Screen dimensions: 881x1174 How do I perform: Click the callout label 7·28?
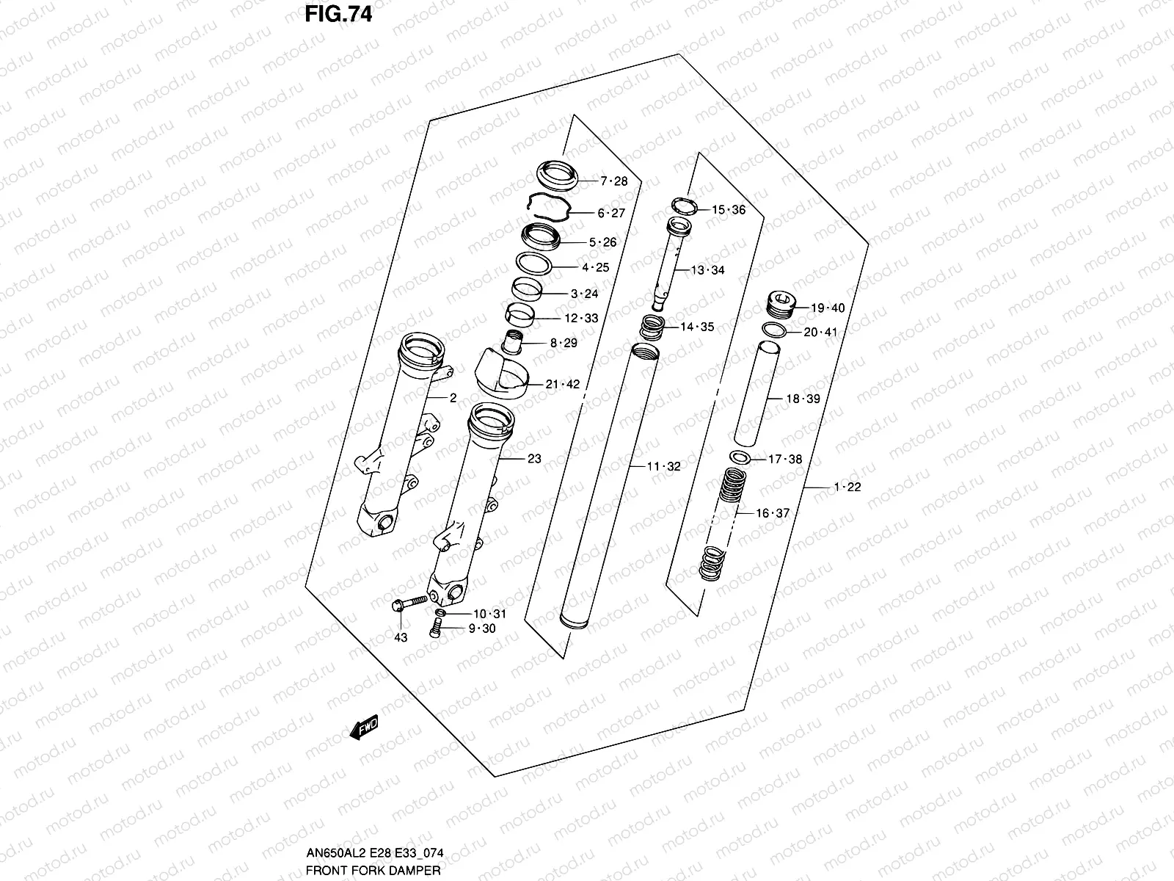[x=613, y=181]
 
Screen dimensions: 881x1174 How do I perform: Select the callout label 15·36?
[x=728, y=210]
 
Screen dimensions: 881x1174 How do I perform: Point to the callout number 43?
[x=400, y=637]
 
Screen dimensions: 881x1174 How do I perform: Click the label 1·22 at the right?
[x=847, y=487]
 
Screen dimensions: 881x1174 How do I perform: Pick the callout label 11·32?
[x=663, y=466]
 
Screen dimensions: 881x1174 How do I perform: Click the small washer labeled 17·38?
[x=741, y=458]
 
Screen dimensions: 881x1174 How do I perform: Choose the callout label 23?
[x=534, y=459]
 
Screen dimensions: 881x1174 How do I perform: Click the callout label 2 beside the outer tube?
[x=453, y=398]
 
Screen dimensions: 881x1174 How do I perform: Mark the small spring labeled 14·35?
[x=653, y=325]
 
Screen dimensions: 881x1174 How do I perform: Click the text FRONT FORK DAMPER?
[x=373, y=871]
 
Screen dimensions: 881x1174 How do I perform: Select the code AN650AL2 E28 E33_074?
[x=375, y=854]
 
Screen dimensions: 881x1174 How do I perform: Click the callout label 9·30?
[x=482, y=628]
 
